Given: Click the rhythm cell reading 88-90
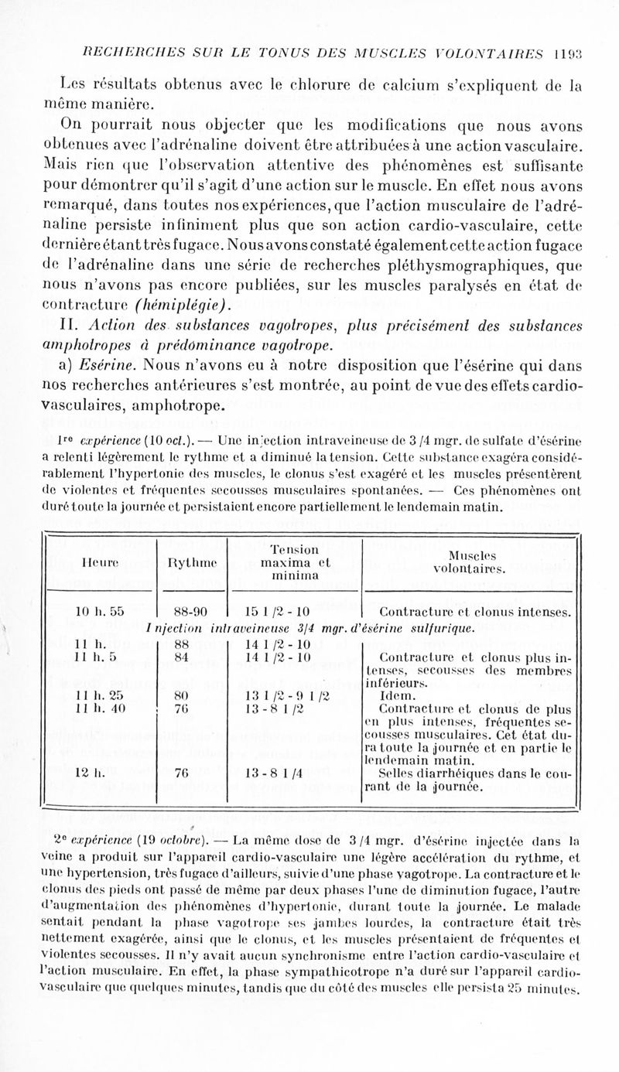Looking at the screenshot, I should pyautogui.click(x=191, y=609).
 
